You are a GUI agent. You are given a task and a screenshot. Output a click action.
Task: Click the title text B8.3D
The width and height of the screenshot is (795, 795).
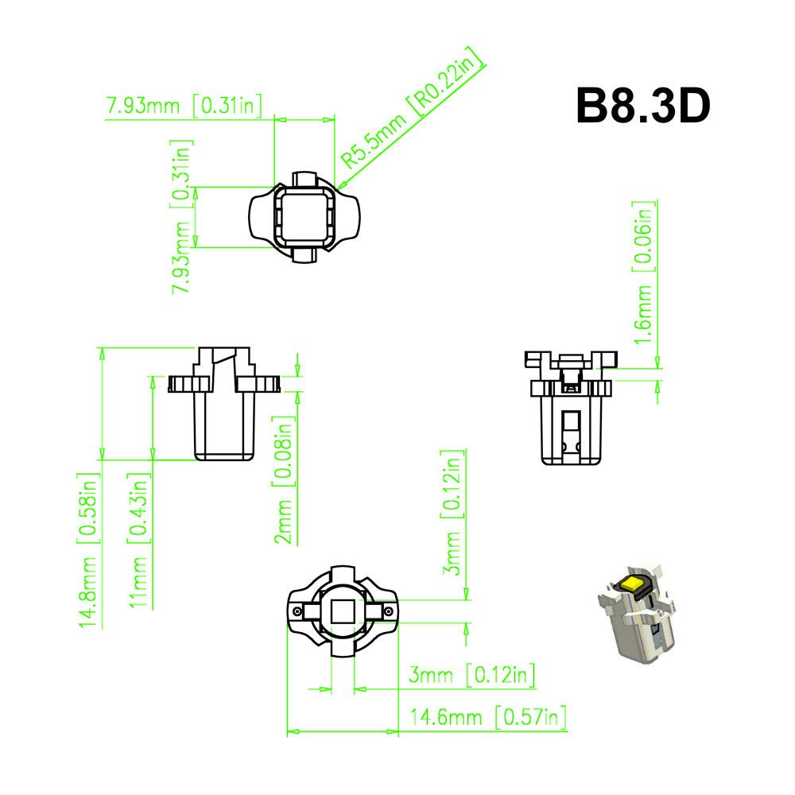click(x=642, y=106)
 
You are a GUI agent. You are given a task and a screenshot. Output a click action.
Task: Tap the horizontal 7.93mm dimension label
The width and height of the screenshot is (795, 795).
click(x=184, y=106)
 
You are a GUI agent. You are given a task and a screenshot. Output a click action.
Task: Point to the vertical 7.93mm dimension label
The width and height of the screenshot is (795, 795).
click(x=183, y=216)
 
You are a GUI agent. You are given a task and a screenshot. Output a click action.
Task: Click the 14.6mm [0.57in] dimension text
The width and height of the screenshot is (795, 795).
click(x=487, y=717)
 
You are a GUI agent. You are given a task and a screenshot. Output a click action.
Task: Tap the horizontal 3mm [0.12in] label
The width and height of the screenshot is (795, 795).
click(x=471, y=676)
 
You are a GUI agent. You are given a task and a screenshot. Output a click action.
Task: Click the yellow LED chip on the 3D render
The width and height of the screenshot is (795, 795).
click(x=634, y=582)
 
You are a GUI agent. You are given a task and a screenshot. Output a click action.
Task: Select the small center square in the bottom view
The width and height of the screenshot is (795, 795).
click(x=343, y=611)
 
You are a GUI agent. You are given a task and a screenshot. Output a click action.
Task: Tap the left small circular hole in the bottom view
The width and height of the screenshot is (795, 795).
click(x=297, y=611)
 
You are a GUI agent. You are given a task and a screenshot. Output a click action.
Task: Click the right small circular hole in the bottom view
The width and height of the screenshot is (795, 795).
click(x=388, y=611)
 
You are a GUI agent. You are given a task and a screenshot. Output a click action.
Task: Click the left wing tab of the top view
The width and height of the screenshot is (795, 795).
click(x=261, y=216)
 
